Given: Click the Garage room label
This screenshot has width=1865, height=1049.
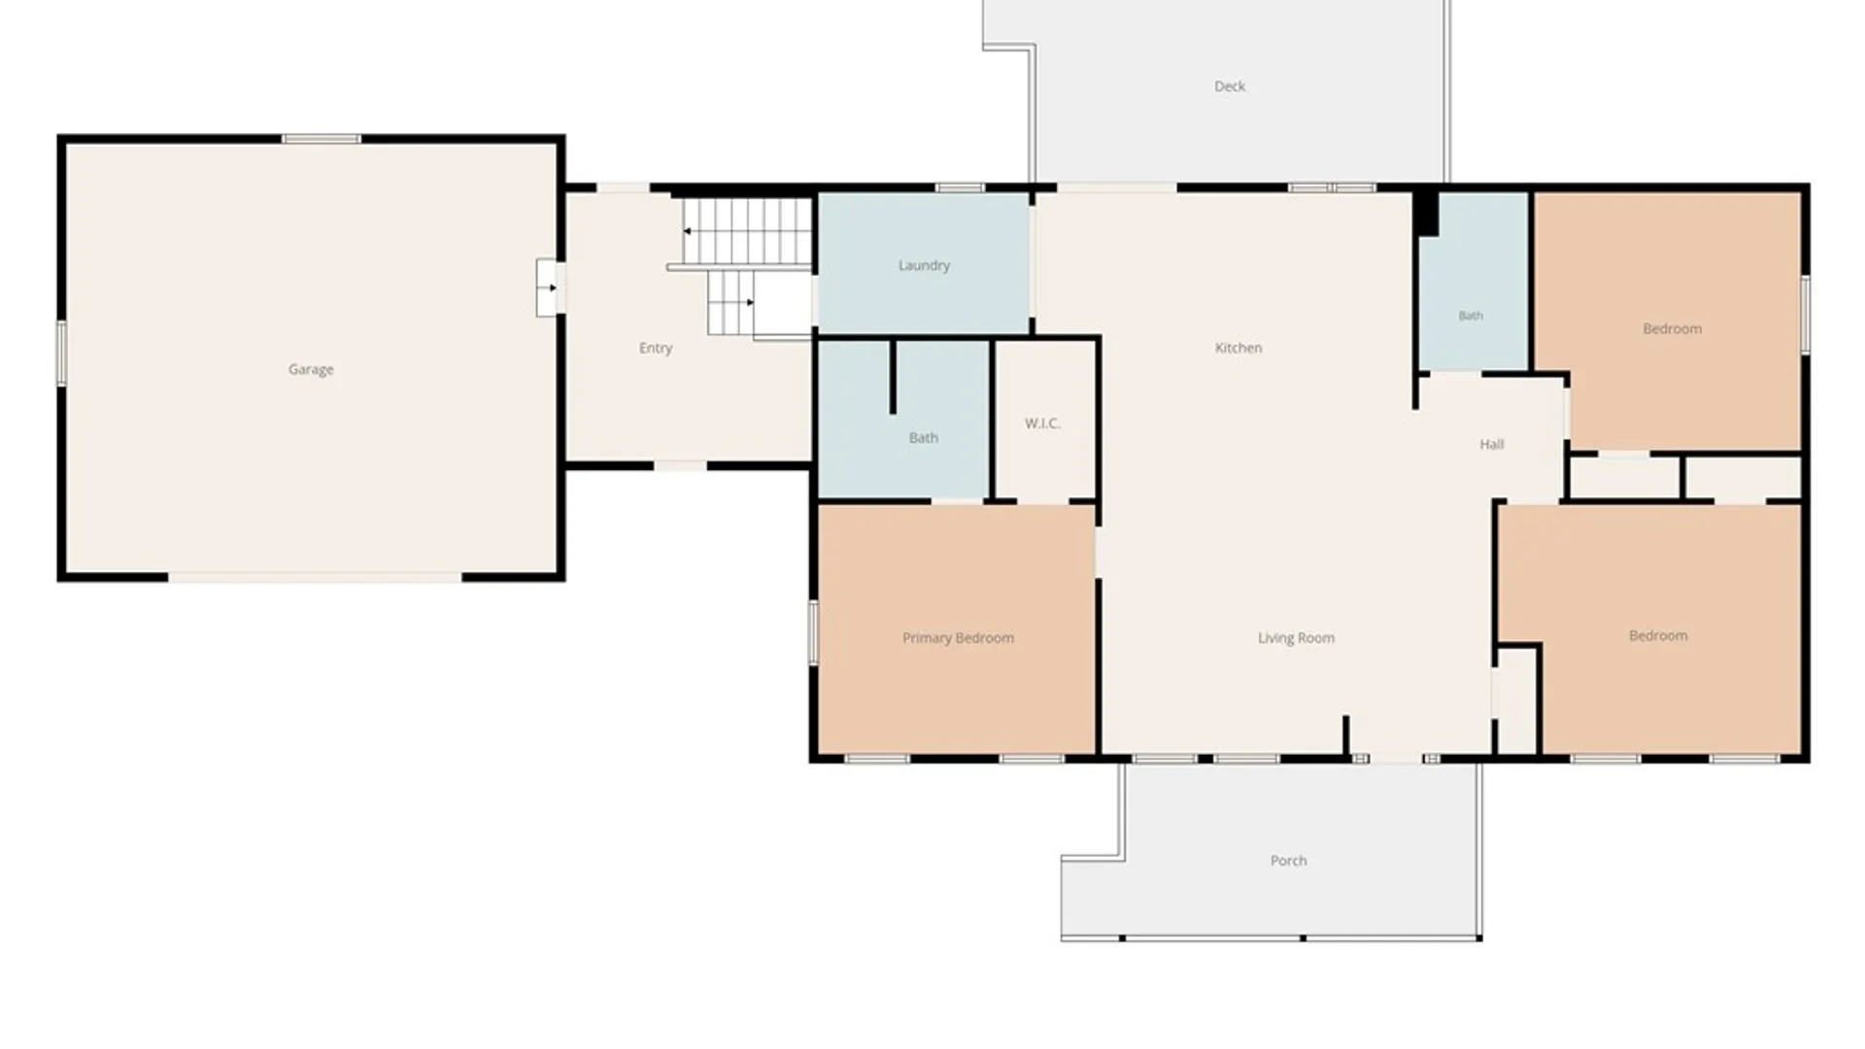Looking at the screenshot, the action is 311,369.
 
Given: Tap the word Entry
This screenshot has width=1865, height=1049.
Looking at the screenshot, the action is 656,348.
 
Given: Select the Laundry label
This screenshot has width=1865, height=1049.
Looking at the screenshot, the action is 924,265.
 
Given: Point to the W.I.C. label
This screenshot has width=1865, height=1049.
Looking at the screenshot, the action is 1042,423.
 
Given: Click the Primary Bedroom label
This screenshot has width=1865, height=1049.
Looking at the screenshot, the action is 958,638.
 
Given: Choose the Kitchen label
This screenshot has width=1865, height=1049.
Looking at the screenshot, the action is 1238,348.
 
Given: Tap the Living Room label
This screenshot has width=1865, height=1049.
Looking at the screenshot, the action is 1296,638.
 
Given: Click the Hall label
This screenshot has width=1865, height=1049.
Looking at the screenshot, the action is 1492,445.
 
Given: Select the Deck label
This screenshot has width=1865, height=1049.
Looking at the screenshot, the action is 1230,86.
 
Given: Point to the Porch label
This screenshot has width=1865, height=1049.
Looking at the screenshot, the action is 1289,861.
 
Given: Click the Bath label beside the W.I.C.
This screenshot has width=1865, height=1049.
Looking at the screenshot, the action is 924,438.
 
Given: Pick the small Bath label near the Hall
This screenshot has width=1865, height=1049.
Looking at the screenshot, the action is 1471,316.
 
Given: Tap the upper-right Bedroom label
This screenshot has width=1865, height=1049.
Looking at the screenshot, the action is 1673,328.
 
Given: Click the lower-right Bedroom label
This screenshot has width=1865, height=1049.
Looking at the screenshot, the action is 1658,635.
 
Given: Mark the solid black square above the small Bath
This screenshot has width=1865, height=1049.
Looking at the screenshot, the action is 1426,213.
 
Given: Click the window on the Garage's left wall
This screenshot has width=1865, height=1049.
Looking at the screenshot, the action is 61,354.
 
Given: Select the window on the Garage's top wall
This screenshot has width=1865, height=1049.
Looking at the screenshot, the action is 322,139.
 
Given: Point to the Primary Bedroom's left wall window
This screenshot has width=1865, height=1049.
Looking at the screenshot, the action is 813,632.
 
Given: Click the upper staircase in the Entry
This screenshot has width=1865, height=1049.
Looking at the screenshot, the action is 746,231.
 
